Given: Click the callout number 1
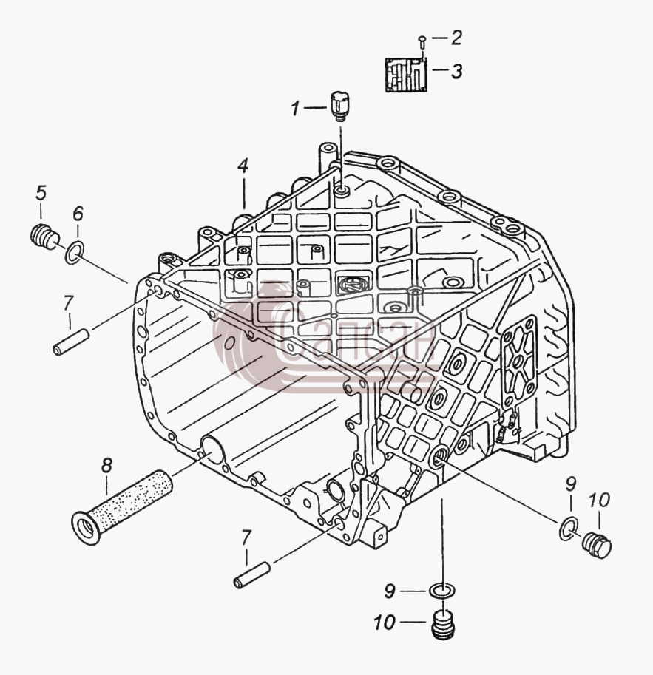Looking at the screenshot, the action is (295, 108).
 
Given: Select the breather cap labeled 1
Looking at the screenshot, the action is (340, 106).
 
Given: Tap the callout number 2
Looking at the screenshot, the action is (456, 38).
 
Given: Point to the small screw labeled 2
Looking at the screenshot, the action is (422, 41).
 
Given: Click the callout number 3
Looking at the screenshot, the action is (457, 70).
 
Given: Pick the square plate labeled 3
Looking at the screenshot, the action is (406, 75).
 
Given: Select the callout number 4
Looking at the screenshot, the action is (243, 166).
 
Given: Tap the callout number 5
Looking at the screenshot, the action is (41, 192).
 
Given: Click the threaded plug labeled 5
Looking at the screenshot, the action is (45, 236).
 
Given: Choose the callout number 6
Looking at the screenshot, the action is (78, 213).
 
